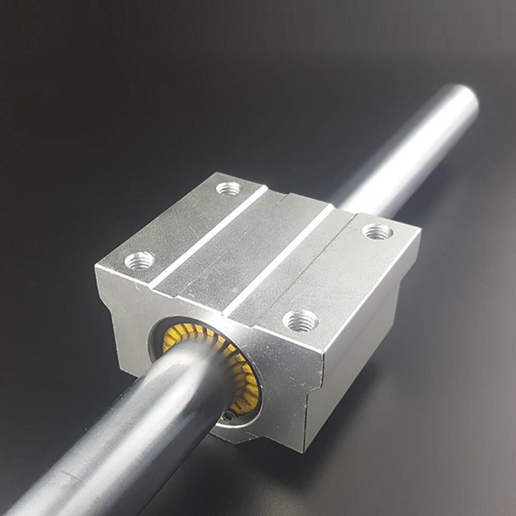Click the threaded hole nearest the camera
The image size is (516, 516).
tap(300, 320)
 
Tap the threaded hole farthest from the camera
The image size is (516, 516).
tap(228, 189)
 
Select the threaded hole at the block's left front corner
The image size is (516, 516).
tap(140, 260)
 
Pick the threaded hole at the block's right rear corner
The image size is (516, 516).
tap(377, 231)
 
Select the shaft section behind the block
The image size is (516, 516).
tap(402, 155)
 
